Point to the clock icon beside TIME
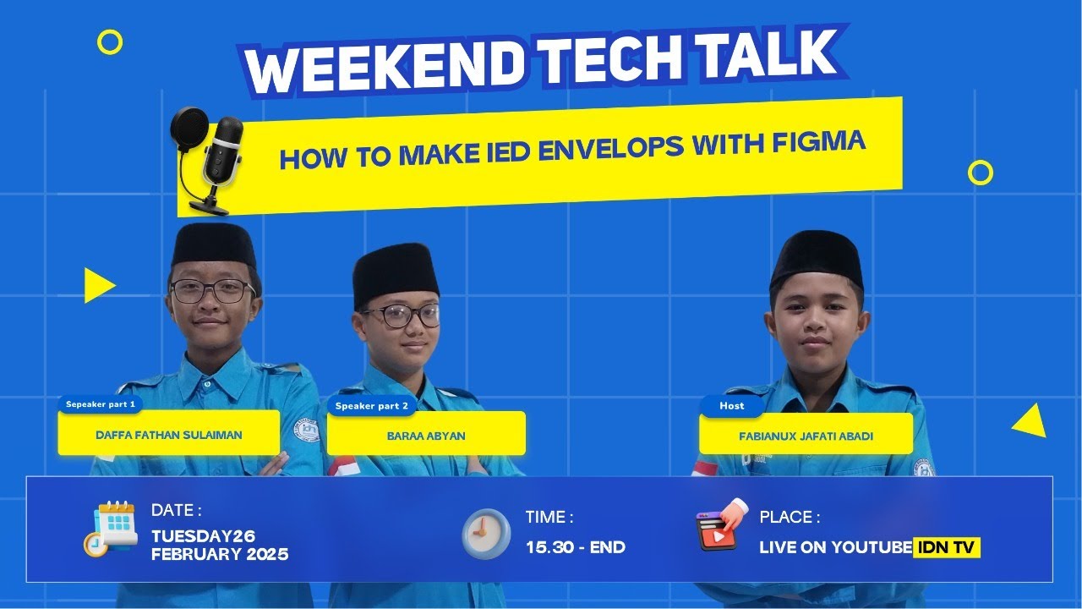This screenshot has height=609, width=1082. click(x=486, y=532)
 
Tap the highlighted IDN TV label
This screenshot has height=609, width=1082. click(x=947, y=547)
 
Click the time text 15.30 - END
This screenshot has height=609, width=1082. click(x=575, y=547)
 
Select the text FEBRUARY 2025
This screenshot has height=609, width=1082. click(x=220, y=555)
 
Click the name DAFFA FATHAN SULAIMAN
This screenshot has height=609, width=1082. click(x=168, y=435)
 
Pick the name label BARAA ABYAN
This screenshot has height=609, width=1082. click(x=426, y=436)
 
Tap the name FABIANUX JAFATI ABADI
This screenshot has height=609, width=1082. click(x=805, y=436)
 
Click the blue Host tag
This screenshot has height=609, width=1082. click(x=731, y=406)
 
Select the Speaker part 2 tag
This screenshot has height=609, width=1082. click(x=371, y=406)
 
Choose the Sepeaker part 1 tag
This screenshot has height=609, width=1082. click(x=100, y=404)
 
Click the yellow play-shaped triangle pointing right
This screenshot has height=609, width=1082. click(x=97, y=285)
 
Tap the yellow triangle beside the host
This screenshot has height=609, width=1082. click(x=1030, y=420)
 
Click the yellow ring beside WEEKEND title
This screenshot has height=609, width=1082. click(x=110, y=41)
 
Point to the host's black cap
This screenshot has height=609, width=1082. click(x=817, y=257)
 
